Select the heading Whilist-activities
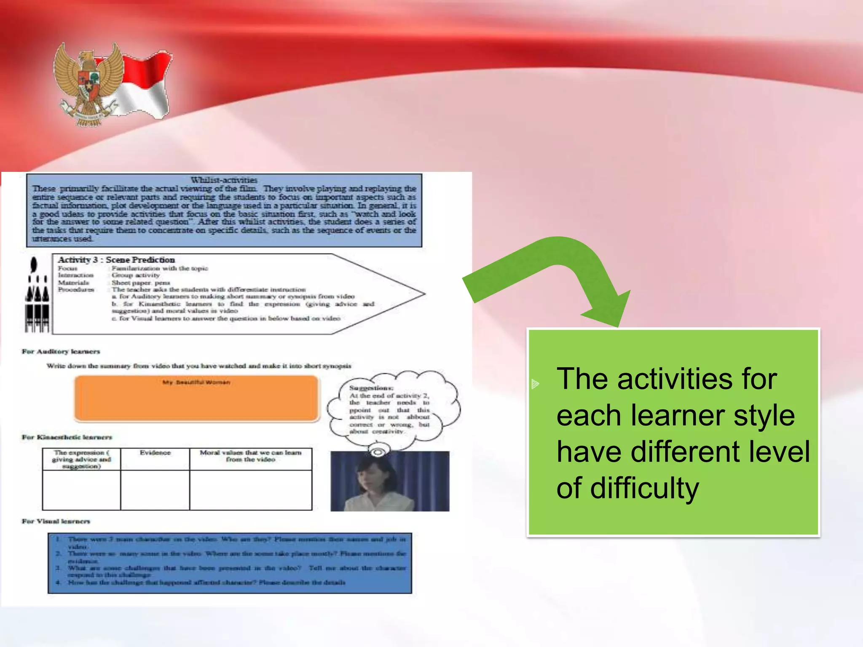[224, 180]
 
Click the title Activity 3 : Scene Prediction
[116, 260]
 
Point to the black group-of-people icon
[37, 295]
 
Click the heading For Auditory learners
[61, 351]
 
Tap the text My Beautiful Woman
[196, 382]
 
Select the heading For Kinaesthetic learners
[67, 437]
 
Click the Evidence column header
[155, 453]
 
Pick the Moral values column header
[251, 456]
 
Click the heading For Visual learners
[56, 521]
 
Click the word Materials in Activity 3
[73, 283]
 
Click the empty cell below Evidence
[155, 490]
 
